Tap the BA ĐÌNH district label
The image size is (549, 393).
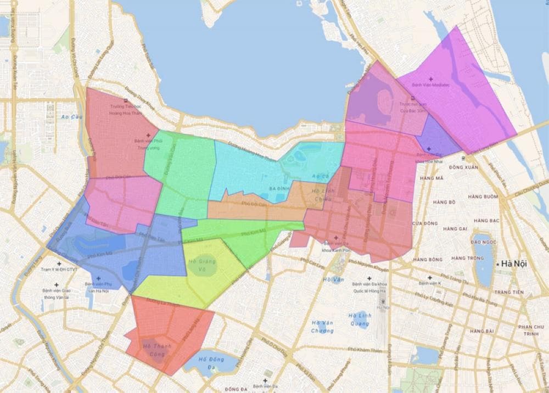(x=279, y=188)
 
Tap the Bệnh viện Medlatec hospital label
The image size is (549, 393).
(x=430, y=85)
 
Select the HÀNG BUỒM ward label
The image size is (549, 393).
(x=483, y=196)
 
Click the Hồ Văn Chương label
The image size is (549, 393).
(x=322, y=327)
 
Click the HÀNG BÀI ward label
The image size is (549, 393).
(x=483, y=331)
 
